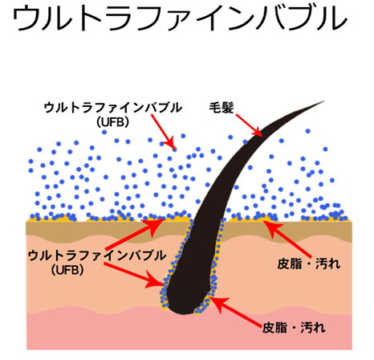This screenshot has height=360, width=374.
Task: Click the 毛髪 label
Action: [222, 108]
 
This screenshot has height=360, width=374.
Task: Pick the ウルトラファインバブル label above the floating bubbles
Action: [113, 108]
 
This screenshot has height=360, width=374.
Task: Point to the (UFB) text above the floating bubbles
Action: [113, 122]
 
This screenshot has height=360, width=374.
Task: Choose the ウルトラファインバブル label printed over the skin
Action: [97, 256]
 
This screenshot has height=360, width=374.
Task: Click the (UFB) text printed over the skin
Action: [67, 270]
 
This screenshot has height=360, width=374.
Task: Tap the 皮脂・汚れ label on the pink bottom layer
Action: [294, 328]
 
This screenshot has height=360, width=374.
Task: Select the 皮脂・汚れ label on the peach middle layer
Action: [309, 264]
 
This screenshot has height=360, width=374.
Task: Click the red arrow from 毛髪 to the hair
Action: [250, 125]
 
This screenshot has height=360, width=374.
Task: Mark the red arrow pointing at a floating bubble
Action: [163, 132]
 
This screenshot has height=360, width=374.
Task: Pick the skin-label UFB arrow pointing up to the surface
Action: [135, 235]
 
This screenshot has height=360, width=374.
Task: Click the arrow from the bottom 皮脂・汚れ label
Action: [234, 312]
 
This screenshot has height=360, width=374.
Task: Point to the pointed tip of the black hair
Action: [323, 101]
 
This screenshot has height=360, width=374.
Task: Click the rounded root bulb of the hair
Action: [185, 297]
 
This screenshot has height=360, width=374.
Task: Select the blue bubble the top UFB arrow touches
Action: [174, 149]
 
